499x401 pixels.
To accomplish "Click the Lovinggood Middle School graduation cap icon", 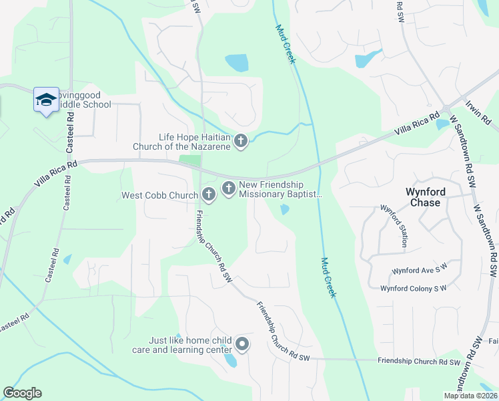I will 45,100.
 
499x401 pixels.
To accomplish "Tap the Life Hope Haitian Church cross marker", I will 241,141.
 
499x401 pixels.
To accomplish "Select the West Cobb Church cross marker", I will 208,195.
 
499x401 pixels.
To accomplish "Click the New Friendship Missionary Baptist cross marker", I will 228,188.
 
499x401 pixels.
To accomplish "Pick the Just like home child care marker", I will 241,345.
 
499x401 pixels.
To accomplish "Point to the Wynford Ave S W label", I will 418,271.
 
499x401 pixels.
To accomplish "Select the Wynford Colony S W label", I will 413,289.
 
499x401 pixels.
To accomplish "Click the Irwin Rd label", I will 478,112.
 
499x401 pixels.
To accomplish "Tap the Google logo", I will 22,393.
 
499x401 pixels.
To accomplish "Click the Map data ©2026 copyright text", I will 470,396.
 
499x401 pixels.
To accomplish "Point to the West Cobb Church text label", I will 159,196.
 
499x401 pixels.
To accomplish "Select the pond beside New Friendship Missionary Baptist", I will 285,210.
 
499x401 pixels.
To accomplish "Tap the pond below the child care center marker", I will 230,362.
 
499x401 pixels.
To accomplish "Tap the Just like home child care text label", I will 190,345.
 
